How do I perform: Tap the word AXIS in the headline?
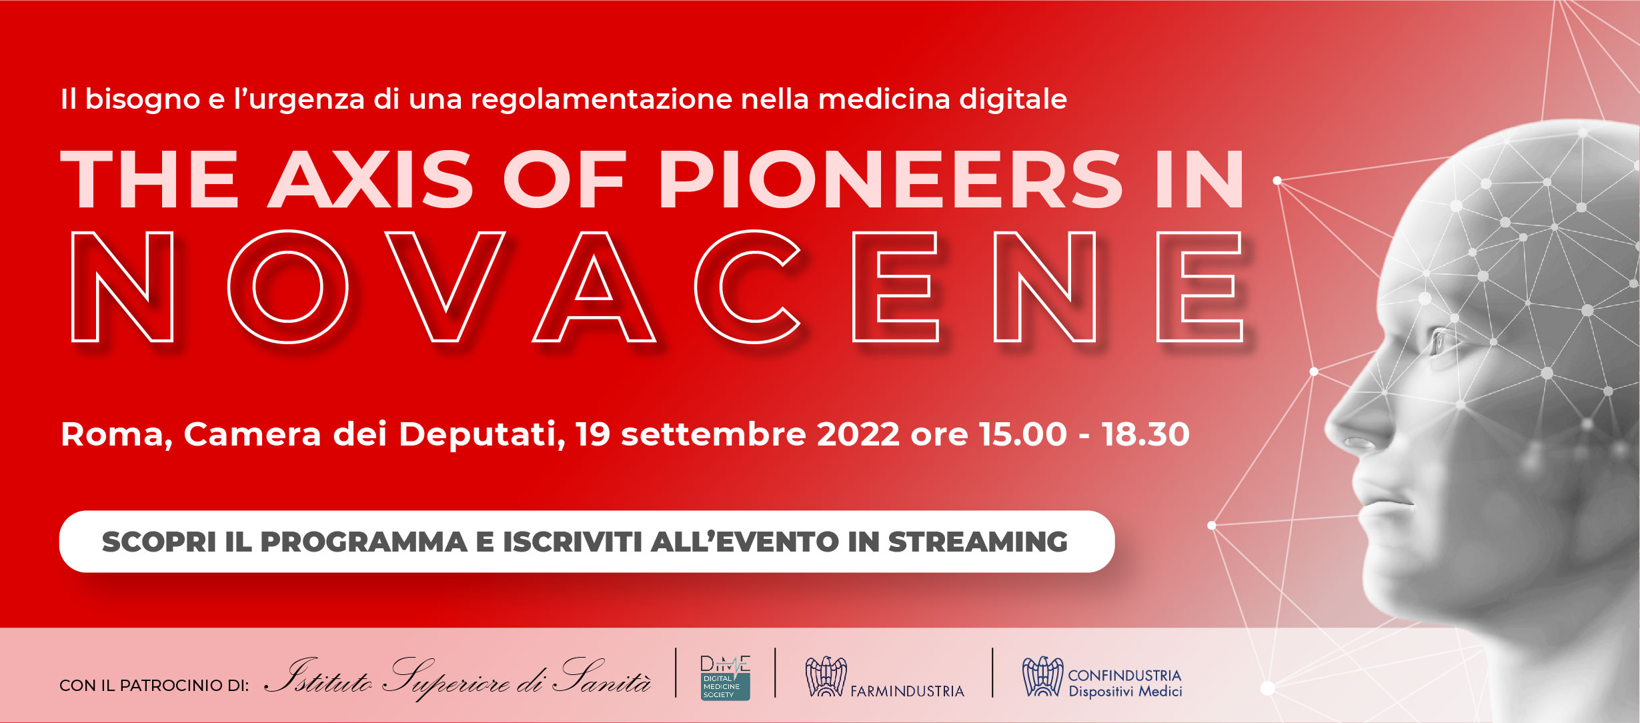click(x=371, y=179)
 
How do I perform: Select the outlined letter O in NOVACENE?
click(x=287, y=287)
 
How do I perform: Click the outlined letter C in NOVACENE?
click(x=747, y=287)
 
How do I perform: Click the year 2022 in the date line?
click(x=858, y=434)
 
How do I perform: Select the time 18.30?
click(x=1145, y=434)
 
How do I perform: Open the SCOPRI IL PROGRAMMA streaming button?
click(x=586, y=542)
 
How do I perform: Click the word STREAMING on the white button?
click(x=977, y=542)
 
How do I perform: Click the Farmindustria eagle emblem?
click(x=826, y=677)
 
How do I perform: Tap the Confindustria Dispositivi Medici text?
click(x=1124, y=684)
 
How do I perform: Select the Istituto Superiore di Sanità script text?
click(x=458, y=679)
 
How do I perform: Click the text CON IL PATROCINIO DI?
click(x=154, y=686)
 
